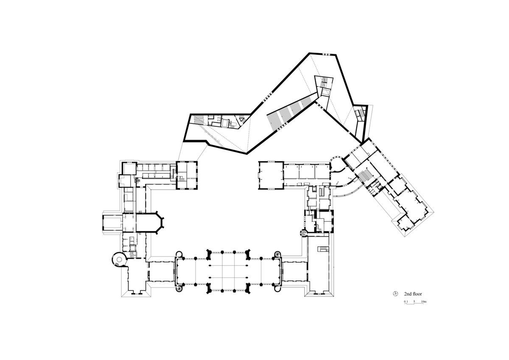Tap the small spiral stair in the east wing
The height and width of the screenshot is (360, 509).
tap(304, 232)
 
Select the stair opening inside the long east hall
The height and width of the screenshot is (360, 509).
tap(324, 249)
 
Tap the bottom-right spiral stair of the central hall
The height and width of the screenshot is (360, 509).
tap(278, 287)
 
